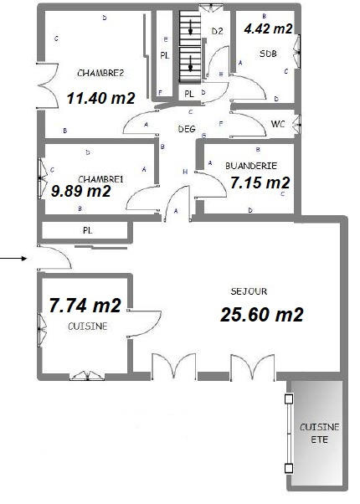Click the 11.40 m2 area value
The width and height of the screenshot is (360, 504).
click(100, 98)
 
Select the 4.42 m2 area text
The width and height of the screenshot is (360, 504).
click(268, 28)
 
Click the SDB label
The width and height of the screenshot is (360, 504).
click(268, 54)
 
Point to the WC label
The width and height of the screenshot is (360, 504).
click(279, 126)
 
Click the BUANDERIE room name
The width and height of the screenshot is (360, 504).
click(251, 166)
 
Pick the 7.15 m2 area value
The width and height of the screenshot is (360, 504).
click(260, 183)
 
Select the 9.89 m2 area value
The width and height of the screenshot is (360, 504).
click(80, 192)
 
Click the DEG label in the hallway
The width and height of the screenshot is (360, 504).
click(187, 130)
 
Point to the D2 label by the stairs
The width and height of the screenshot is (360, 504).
click(217, 32)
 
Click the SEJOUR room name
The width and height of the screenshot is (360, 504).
click(249, 292)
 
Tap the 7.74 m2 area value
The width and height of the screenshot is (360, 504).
click(85, 306)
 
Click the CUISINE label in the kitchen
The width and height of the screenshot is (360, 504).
click(88, 327)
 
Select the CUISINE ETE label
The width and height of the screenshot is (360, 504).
click(319, 432)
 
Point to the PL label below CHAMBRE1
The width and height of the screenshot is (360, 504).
click(86, 229)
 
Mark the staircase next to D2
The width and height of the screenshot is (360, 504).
click(192, 46)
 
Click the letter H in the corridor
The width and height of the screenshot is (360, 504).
click(184, 172)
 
